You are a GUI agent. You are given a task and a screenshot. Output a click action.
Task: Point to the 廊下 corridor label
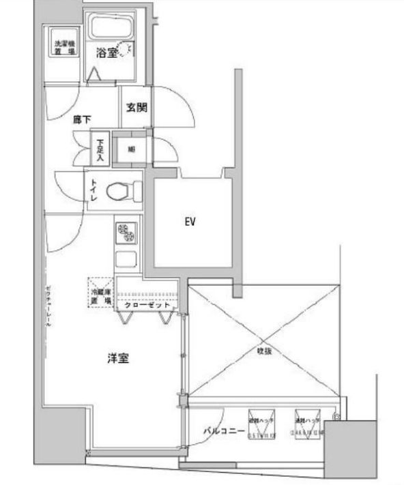coord(82,119)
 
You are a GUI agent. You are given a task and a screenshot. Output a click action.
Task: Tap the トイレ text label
coord(93,190)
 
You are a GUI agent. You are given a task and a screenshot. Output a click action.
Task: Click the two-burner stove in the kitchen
coord(127,235)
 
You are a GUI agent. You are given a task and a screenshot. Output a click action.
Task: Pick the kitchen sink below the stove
coord(127,260)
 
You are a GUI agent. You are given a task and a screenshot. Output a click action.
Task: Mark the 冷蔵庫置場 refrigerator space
coord(100,294)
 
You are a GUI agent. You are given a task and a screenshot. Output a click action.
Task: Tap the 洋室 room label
coord(118,357)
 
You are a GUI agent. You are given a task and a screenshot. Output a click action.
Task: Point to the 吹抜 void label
coord(265,351)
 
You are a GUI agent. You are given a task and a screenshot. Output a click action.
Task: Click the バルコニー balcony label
coord(224,431)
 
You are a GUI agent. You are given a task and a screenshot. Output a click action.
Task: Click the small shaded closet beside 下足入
coord(130,149)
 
